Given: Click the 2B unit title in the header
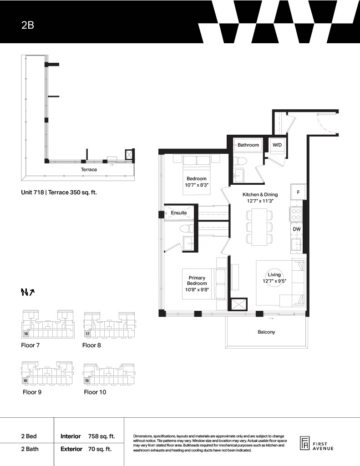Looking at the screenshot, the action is click(x=28, y=25).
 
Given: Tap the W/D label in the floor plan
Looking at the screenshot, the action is click(x=277, y=145).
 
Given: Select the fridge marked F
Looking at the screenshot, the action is click(x=298, y=192).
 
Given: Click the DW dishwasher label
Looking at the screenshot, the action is click(x=297, y=229).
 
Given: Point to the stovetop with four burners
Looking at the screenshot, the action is click(x=296, y=214).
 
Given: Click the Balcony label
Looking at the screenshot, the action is click(x=266, y=332).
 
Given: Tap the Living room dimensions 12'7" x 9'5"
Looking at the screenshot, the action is click(x=274, y=281).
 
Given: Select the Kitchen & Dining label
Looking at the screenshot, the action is click(x=260, y=194).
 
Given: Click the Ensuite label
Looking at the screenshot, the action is click(x=179, y=213).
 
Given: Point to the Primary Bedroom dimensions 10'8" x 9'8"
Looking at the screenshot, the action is click(x=197, y=289).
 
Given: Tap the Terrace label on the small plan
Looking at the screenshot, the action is click(x=89, y=169).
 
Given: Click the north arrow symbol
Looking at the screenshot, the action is click(x=28, y=293).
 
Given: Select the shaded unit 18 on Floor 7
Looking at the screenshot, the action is click(x=26, y=334).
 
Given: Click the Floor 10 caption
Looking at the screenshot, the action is click(x=95, y=392).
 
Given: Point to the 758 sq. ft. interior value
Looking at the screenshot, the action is click(x=101, y=436).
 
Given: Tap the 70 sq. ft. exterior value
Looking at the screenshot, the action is click(x=100, y=449).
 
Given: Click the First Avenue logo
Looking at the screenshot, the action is click(x=317, y=444).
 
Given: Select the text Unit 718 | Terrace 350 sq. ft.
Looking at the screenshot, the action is click(x=59, y=192).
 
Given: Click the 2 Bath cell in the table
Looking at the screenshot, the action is click(x=30, y=449).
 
